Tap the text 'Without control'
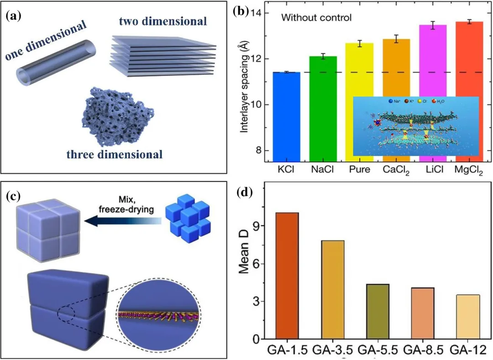[316, 18]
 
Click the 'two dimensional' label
[163, 21]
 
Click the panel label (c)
[15, 197]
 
